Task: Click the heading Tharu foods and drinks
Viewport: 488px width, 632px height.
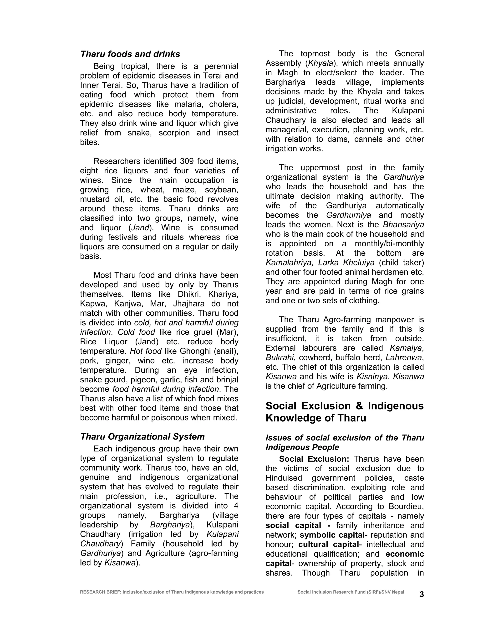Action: click(130, 54)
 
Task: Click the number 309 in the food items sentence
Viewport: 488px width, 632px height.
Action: click(188, 161)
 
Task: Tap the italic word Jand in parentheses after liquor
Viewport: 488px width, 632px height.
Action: click(140, 228)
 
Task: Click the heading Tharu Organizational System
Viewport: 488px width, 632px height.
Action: click(142, 436)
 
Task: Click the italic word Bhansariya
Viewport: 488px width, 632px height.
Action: click(403, 225)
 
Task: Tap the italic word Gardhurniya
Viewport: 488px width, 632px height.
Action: click(348, 215)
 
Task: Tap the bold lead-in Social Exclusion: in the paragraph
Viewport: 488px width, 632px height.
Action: click(314, 459)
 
